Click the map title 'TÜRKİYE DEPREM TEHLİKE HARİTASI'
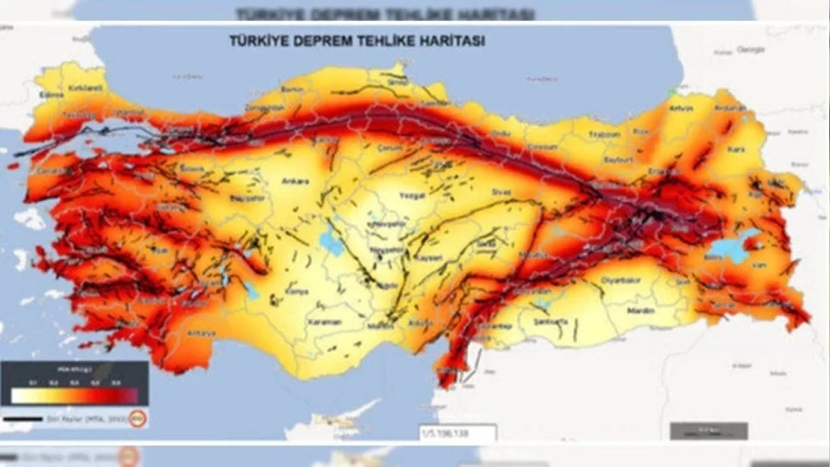[357, 40]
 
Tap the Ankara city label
[295, 182]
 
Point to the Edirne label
[51, 95]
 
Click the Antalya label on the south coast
[201, 333]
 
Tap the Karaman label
[324, 322]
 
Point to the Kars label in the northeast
[737, 149]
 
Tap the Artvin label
[681, 108]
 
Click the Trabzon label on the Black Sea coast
[604, 134]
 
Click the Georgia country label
[751, 49]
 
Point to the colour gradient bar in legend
[75, 396]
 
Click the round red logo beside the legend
[137, 418]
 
